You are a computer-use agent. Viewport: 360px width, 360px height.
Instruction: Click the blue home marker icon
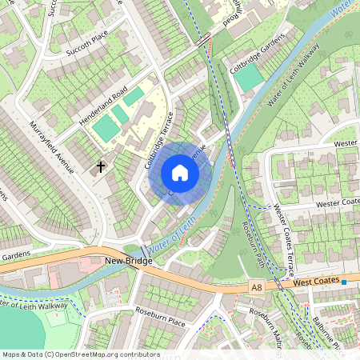coord(180,173)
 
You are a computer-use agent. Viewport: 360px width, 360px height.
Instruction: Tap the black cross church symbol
coord(102,166)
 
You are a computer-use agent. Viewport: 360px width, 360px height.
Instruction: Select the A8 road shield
coord(255,286)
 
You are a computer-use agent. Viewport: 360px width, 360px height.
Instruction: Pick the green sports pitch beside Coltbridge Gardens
coord(250,78)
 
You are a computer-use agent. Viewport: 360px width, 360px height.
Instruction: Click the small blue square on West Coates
coord(344,282)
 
